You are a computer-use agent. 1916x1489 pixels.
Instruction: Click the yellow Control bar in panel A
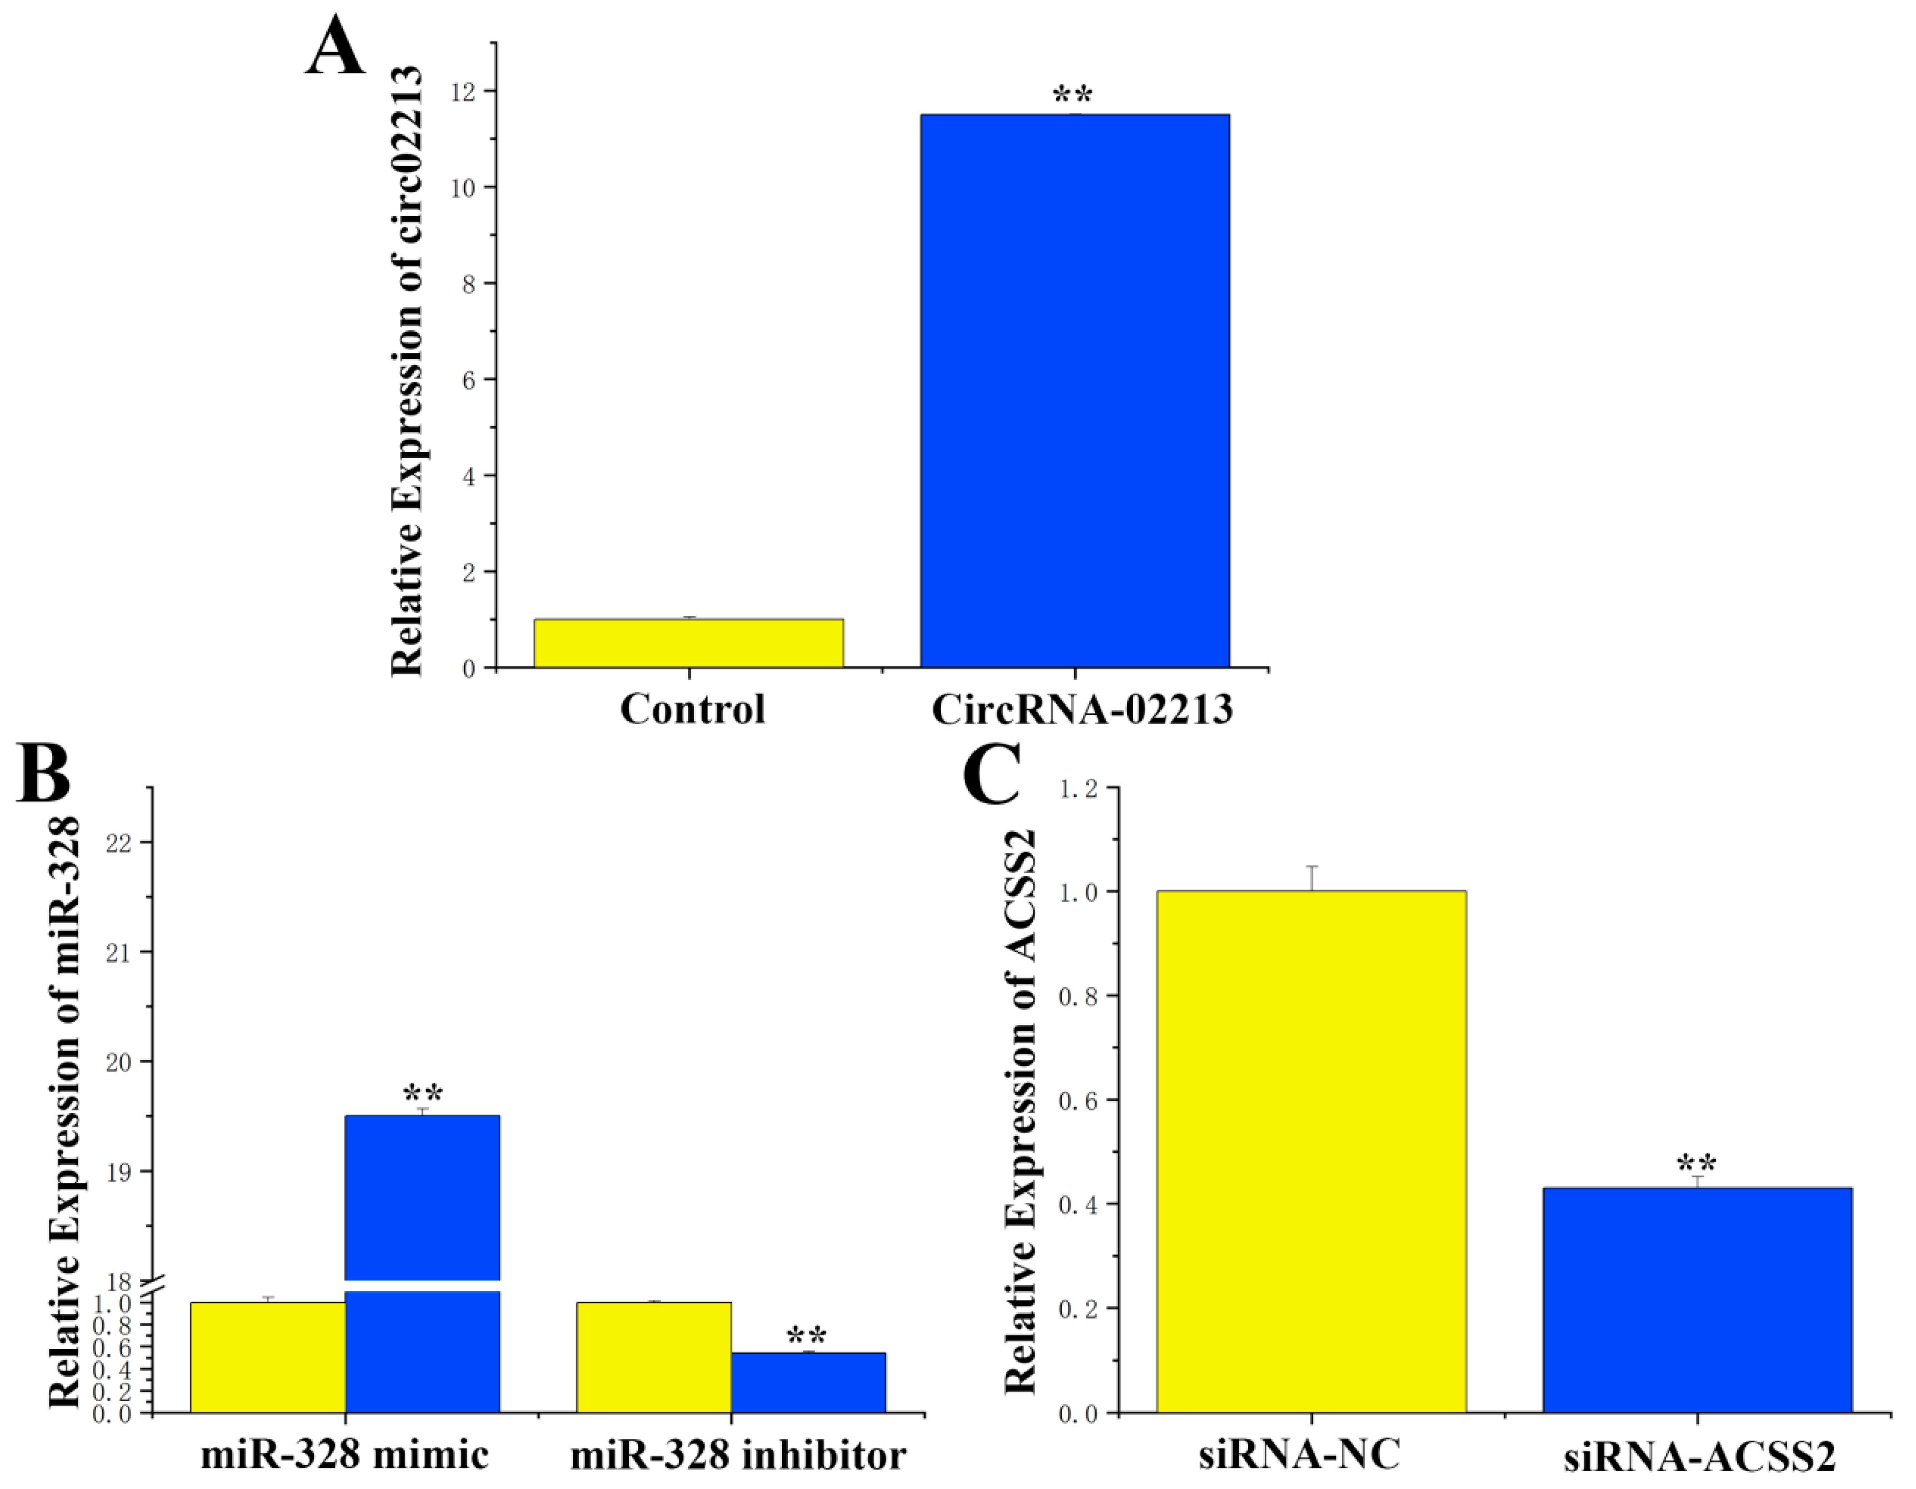tap(688, 643)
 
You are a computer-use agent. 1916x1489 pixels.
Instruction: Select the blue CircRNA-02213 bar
tap(1075, 391)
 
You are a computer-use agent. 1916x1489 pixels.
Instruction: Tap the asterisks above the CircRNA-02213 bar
tap(1072, 94)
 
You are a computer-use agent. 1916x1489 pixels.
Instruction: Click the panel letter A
tap(335, 48)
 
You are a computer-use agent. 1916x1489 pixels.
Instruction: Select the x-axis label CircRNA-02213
tap(1082, 709)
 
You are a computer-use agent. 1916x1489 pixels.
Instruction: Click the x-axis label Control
tap(692, 709)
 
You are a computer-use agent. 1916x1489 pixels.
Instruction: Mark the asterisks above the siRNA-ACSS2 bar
tap(1696, 1164)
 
